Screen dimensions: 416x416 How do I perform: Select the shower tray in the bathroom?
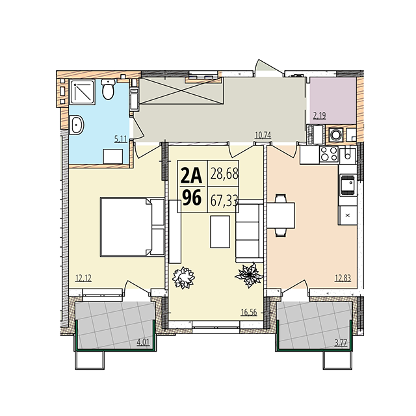(x=83, y=92)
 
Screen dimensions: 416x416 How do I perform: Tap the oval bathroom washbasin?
(x=77, y=125)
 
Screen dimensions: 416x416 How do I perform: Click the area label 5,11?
(x=121, y=139)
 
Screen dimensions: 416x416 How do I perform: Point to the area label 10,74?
(x=263, y=135)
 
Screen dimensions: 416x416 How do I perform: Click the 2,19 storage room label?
(x=319, y=116)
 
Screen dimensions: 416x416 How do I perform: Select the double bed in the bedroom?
(x=132, y=227)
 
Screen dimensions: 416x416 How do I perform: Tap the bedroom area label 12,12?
(x=83, y=278)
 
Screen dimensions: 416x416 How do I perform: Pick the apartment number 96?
(x=191, y=198)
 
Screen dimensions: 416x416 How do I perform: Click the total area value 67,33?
(x=224, y=201)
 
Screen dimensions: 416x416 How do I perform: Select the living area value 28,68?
(x=224, y=174)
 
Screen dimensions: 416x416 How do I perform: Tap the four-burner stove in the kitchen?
(x=329, y=154)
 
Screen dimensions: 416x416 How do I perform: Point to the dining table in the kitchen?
(x=281, y=215)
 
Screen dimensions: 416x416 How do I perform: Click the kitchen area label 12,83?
(x=343, y=278)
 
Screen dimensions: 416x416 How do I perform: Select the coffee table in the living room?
(x=220, y=231)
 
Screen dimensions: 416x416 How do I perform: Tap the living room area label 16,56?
(x=249, y=312)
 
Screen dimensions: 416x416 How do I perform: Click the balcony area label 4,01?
(x=143, y=343)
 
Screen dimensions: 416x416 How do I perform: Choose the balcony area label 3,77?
(x=341, y=343)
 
